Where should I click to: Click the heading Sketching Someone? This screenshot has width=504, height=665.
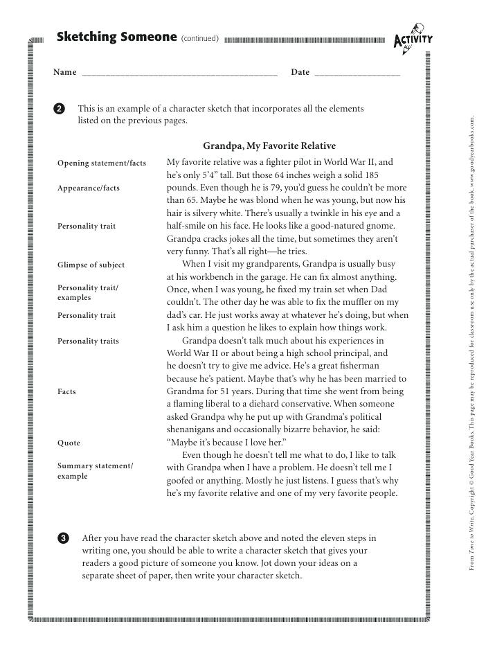[117, 37]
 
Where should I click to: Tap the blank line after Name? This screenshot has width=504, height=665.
[179, 73]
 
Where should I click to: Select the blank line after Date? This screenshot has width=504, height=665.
[357, 73]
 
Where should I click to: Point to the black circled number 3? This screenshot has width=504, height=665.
[64, 538]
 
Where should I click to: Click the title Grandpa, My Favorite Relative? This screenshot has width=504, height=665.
[269, 146]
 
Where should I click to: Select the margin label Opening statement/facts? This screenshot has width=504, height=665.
[102, 163]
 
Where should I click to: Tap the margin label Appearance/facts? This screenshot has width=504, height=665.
[89, 188]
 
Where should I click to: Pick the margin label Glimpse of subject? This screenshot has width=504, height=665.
[91, 265]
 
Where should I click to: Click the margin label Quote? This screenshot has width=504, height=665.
[69, 443]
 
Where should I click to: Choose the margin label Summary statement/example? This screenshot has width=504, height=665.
[96, 471]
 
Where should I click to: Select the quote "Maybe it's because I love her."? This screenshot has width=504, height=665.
[226, 443]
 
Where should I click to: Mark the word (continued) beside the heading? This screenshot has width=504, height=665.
[199, 38]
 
